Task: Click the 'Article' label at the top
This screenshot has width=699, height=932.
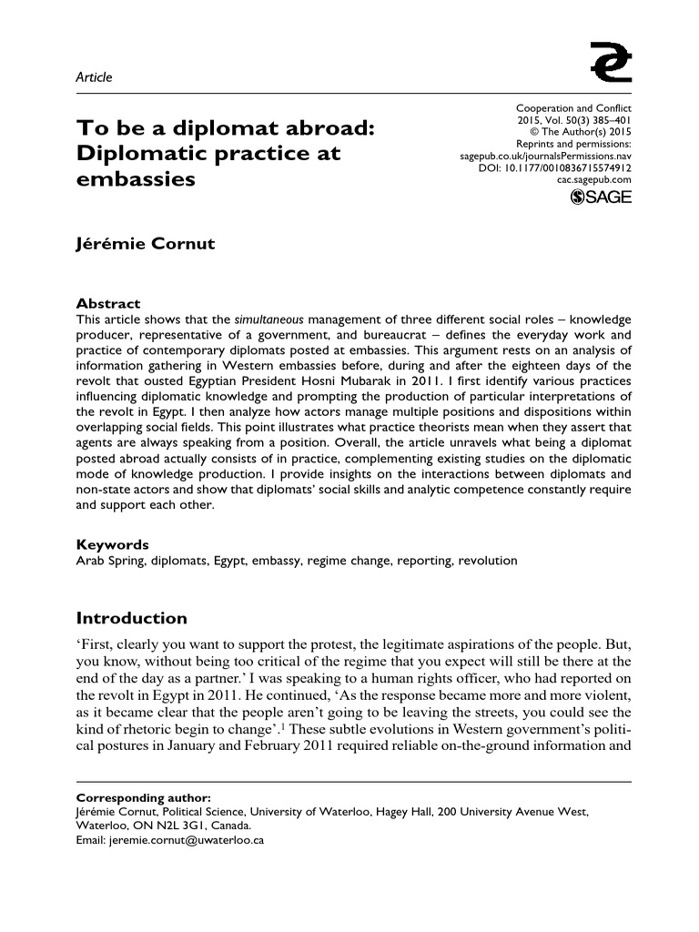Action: (94, 77)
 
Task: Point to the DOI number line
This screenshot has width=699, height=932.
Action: (554, 167)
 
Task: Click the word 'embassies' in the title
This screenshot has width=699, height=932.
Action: (136, 179)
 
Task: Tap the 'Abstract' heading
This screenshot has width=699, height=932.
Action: (108, 304)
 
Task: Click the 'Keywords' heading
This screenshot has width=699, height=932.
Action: (112, 544)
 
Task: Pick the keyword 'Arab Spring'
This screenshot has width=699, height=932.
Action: (108, 561)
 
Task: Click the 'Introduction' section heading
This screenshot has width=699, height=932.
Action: (131, 619)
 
